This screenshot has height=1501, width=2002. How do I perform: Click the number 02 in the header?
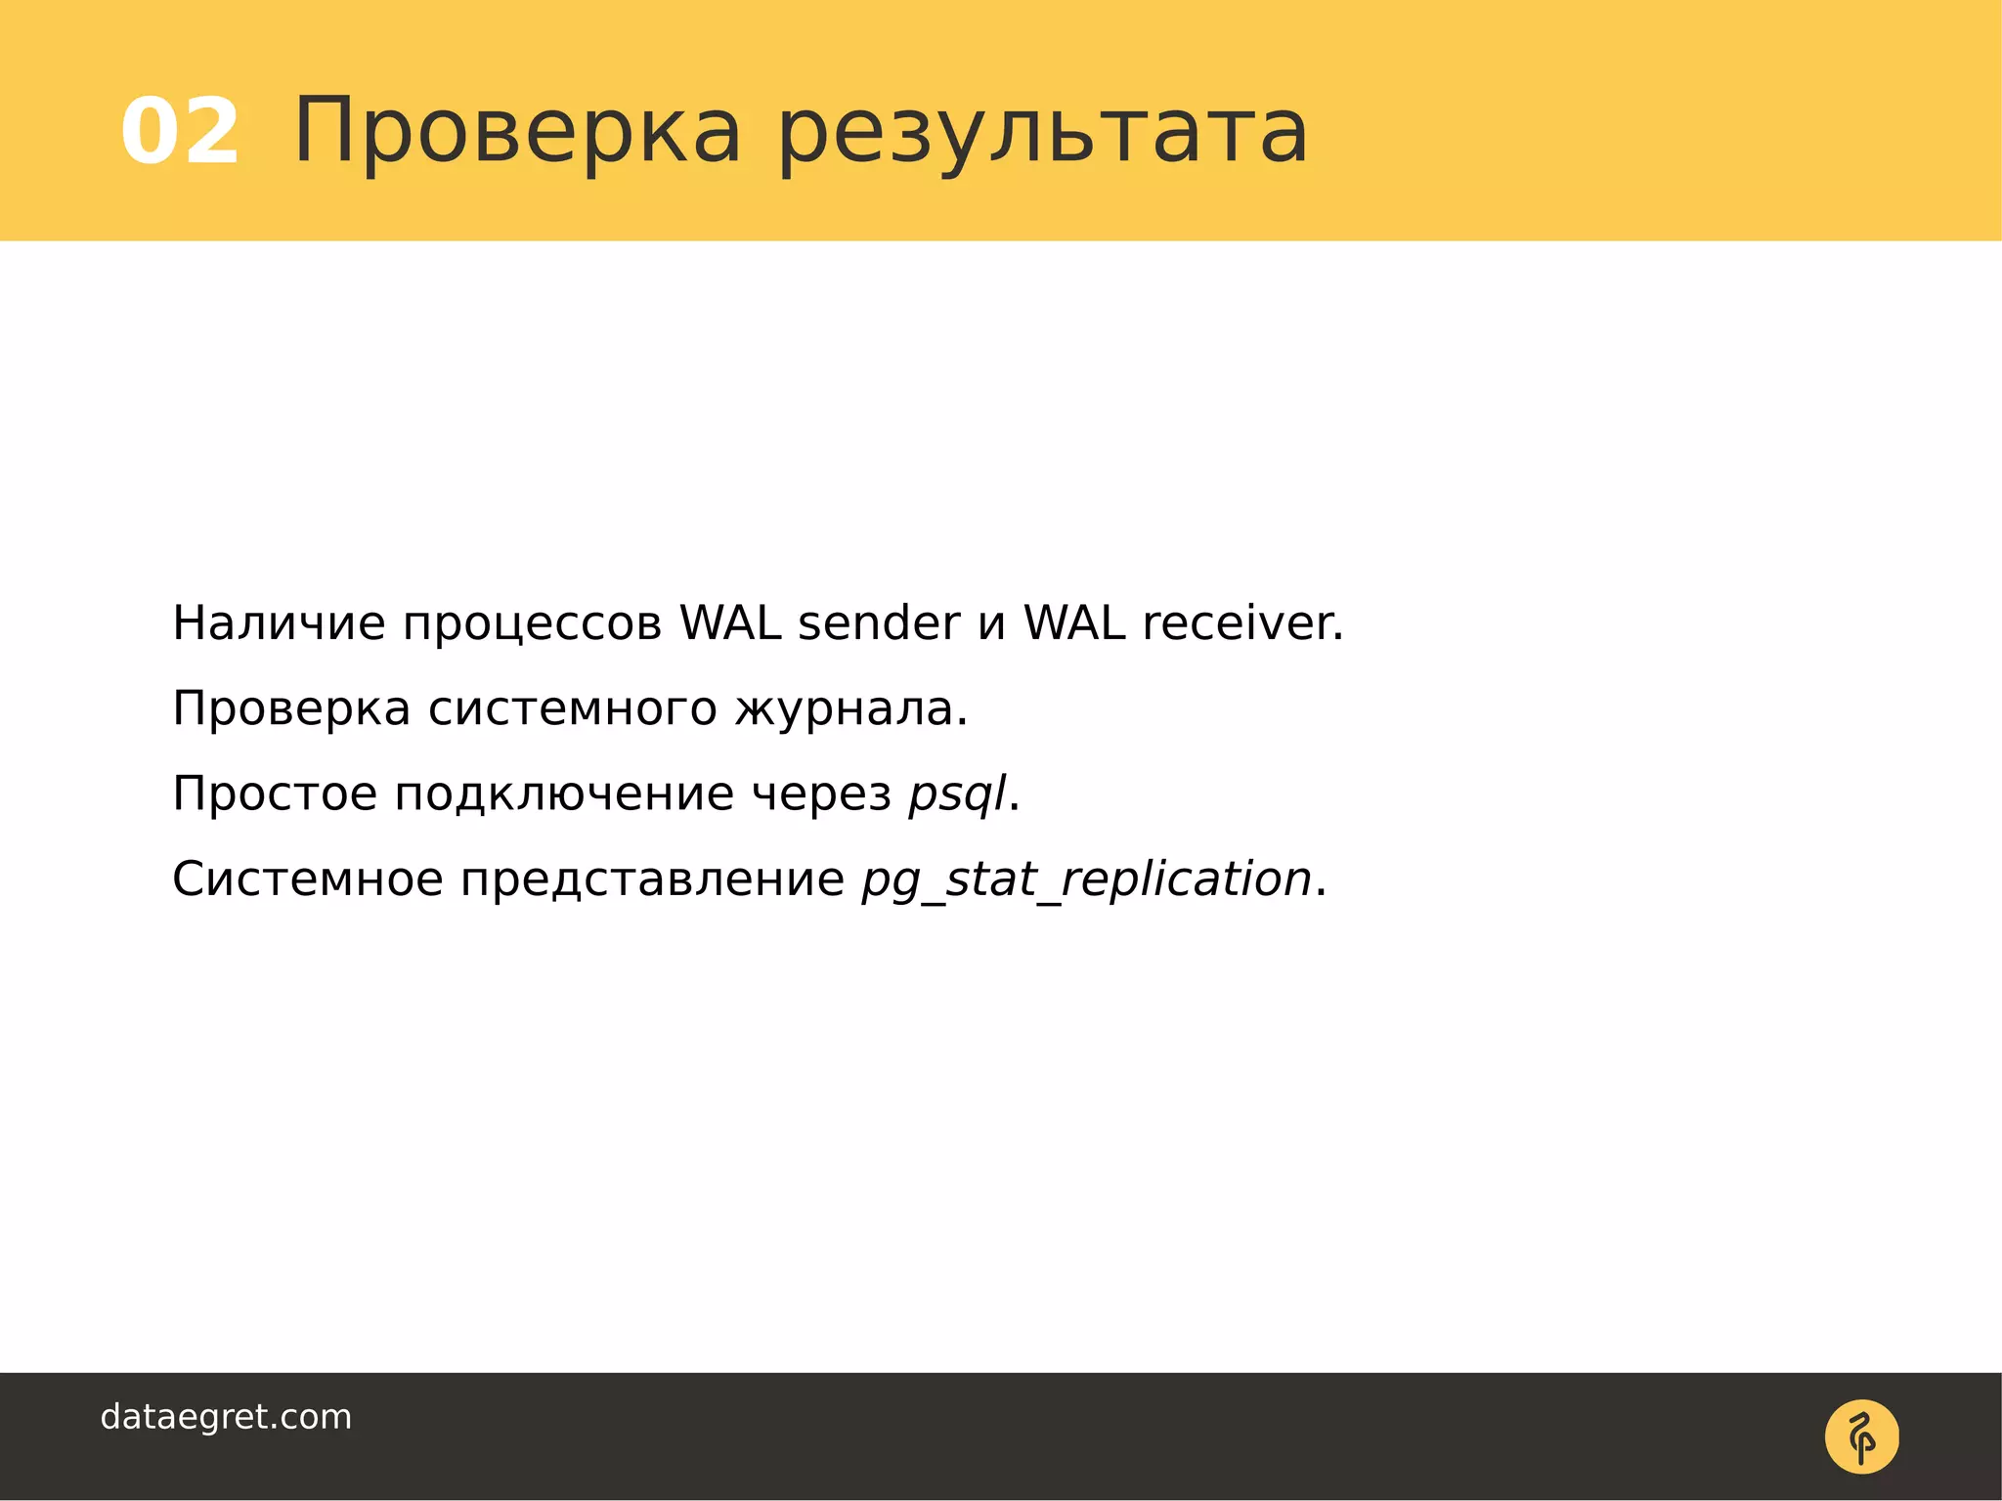[180, 132]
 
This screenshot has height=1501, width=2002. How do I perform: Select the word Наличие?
[279, 623]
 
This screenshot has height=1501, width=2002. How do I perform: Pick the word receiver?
[1242, 623]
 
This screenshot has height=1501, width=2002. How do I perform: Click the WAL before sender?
[730, 623]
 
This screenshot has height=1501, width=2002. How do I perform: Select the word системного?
[573, 709]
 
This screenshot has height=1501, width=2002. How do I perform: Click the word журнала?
[850, 709]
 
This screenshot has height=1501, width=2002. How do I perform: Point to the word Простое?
[275, 793]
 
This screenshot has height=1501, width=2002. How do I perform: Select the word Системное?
[308, 879]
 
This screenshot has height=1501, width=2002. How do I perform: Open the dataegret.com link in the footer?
[226, 1417]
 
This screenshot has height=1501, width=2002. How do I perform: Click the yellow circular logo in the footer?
[1861, 1437]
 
